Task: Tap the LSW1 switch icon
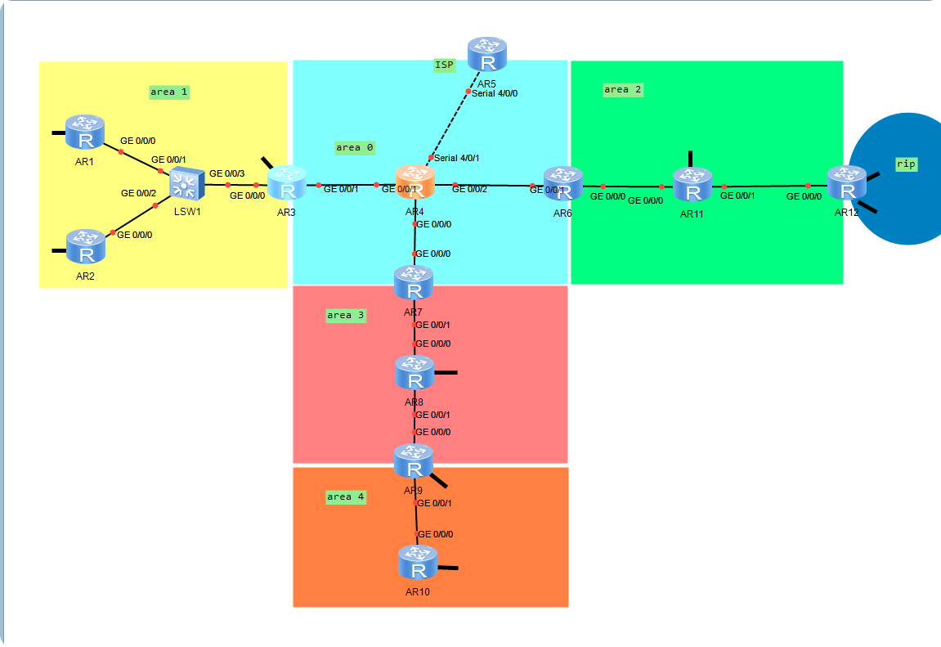[x=187, y=184]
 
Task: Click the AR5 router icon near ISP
[x=486, y=56]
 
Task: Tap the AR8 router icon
[x=414, y=373]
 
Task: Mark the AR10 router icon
[x=418, y=564]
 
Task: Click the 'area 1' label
[x=169, y=92]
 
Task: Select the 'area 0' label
[x=354, y=148]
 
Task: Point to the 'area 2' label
[x=622, y=90]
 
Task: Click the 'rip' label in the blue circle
[x=905, y=164]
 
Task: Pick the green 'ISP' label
[x=444, y=65]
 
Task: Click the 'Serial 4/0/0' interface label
[x=495, y=93]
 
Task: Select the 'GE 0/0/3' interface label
[x=226, y=173]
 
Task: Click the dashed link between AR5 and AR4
[x=450, y=123]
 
